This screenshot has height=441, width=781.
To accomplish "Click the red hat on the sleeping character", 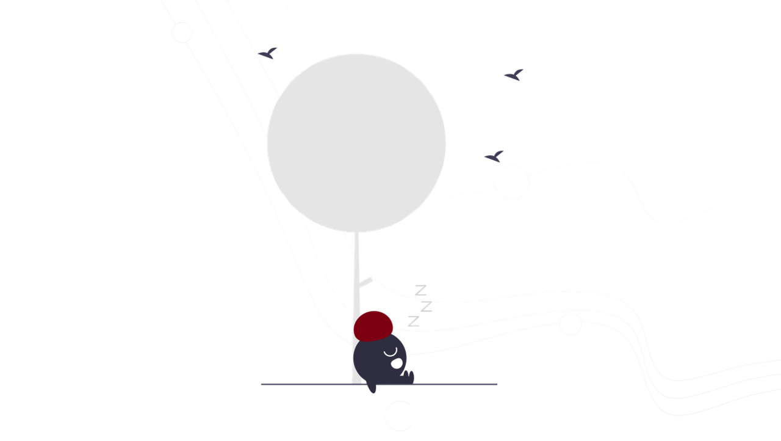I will click(373, 326).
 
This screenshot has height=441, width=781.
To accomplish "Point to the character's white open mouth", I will click(397, 363).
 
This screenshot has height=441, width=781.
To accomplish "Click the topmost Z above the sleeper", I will click(421, 290).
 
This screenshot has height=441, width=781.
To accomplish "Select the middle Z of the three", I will click(426, 305).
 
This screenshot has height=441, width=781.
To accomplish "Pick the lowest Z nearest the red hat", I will click(414, 321).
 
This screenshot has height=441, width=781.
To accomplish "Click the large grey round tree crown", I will click(356, 143).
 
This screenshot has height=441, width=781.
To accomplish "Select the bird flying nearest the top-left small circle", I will click(268, 54).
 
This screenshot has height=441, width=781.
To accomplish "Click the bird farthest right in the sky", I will click(514, 75).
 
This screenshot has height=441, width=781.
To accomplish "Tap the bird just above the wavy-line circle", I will click(494, 156).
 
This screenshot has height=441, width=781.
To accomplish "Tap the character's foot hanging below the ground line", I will click(371, 387).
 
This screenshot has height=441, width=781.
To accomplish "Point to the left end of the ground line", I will click(262, 384).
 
